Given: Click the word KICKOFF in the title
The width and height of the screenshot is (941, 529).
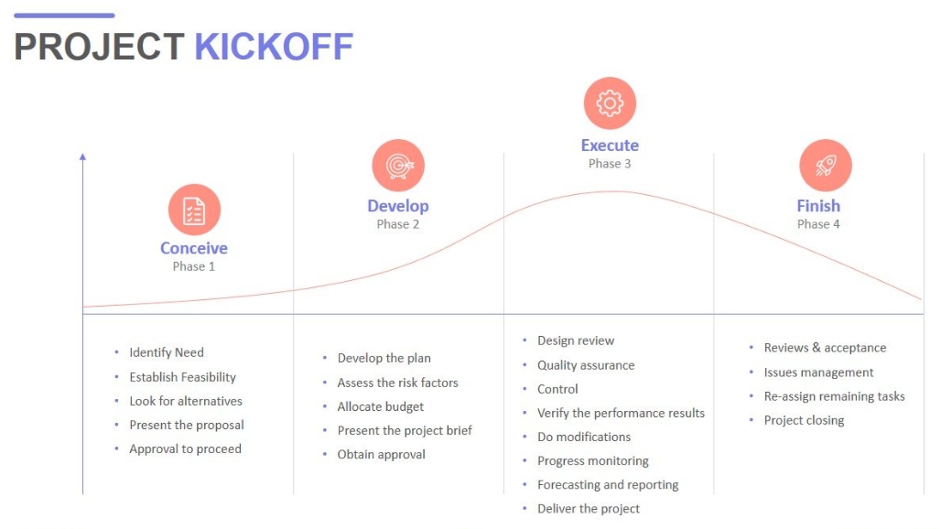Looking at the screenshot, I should pyautogui.click(x=274, y=47).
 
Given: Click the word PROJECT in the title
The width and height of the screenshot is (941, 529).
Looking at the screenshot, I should pyautogui.click(x=99, y=47).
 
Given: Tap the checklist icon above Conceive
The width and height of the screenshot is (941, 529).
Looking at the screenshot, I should pyautogui.click(x=194, y=210).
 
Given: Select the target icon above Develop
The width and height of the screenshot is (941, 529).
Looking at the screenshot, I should pyautogui.click(x=398, y=166).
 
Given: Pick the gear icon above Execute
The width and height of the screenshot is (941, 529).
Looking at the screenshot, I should pyautogui.click(x=610, y=103).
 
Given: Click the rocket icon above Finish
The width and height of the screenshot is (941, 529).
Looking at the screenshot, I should pyautogui.click(x=825, y=166).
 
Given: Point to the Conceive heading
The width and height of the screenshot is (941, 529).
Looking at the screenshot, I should pyautogui.click(x=194, y=248).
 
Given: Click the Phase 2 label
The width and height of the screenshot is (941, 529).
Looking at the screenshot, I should pyautogui.click(x=398, y=224).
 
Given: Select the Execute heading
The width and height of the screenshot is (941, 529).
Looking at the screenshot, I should pyautogui.click(x=610, y=146).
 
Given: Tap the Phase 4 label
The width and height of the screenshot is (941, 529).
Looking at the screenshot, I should pyautogui.click(x=818, y=224).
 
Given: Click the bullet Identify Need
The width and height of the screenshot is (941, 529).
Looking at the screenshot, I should pyautogui.click(x=167, y=352).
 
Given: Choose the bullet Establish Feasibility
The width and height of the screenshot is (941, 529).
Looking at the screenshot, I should pyautogui.click(x=182, y=377).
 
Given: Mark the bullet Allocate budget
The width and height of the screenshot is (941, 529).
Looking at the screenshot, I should pyautogui.click(x=381, y=406).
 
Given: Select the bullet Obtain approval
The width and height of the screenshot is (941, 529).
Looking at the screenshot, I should pyautogui.click(x=382, y=454).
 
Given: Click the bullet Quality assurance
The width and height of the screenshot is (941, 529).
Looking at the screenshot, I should pyautogui.click(x=586, y=365).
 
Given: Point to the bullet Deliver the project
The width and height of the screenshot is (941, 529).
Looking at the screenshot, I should pyautogui.click(x=589, y=509).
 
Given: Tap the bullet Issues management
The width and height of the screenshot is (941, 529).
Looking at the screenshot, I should pyautogui.click(x=818, y=372).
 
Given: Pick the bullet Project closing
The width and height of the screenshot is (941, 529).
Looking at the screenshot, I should pyautogui.click(x=804, y=420).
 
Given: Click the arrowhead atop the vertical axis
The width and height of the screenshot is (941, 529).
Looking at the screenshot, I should pyautogui.click(x=82, y=157).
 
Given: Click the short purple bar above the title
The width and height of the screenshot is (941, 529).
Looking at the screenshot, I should pyautogui.click(x=64, y=16).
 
